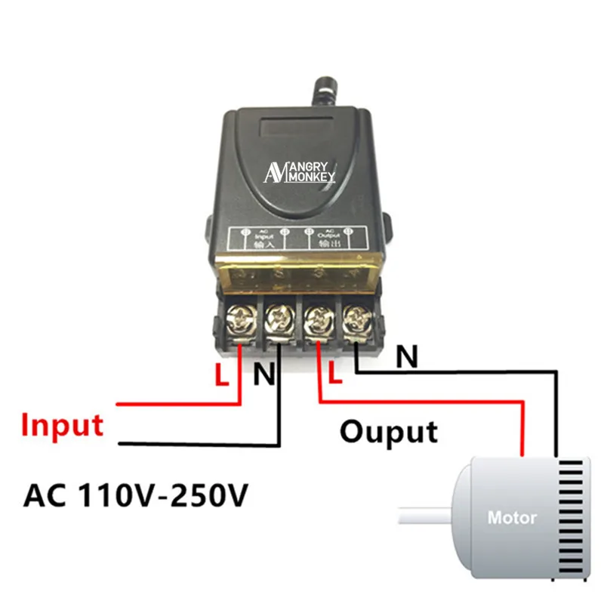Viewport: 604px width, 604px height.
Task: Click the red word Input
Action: pos(62,424)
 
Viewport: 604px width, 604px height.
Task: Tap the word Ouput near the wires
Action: pos(388,431)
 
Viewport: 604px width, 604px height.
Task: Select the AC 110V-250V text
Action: pos(136,496)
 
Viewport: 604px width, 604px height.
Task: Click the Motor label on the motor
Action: pos(512,518)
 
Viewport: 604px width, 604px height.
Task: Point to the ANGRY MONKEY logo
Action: pos(300,172)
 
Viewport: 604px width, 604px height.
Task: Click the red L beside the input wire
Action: pos(221,375)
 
